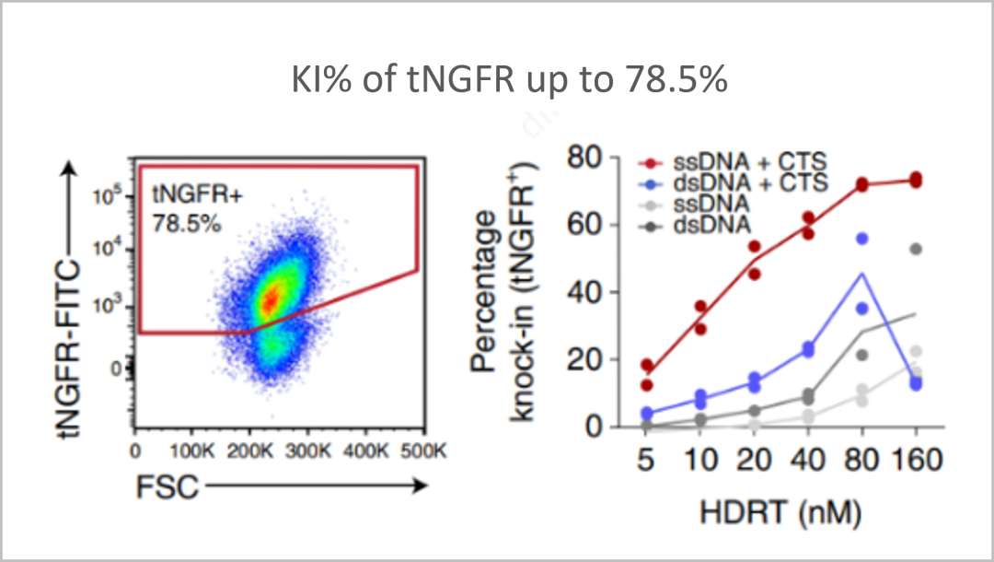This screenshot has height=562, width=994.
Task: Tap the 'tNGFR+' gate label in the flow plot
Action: point(187,194)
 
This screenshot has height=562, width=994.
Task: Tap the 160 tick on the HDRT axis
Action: point(915,458)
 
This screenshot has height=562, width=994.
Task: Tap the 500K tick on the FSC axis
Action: point(426,452)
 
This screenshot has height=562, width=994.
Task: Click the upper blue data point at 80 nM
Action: point(862,239)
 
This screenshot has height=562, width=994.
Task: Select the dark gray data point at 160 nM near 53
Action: point(916,249)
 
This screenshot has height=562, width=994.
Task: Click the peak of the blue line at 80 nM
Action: point(862,273)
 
